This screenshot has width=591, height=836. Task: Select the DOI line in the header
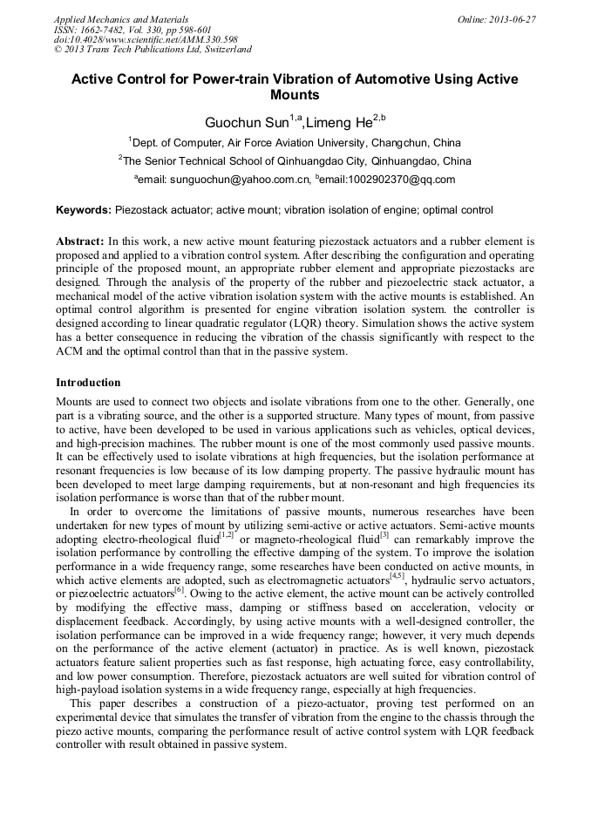coord(146,39)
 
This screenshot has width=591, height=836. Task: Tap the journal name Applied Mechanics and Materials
coord(120,18)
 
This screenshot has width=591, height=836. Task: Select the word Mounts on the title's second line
coord(295,95)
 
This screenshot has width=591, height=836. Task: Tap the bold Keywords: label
coord(84,210)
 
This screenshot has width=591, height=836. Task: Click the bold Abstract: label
coord(80,240)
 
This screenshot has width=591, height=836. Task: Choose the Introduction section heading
coord(88,383)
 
